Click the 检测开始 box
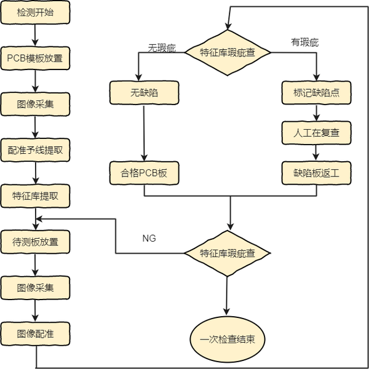pyautogui.click(x=35, y=14)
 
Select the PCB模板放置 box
pyautogui.click(x=35, y=59)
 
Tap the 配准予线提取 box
pyautogui.click(x=35, y=150)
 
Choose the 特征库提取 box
pyautogui.click(x=35, y=196)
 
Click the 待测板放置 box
pyautogui.click(x=35, y=242)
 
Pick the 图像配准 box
pyautogui.click(x=35, y=334)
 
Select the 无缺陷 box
pyautogui.click(x=145, y=93)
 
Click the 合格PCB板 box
pyautogui.click(x=145, y=173)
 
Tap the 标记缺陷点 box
pyautogui.click(x=317, y=93)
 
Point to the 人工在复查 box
pyautogui.click(x=317, y=132)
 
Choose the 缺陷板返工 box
pyautogui.click(x=317, y=173)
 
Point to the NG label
pyautogui.click(x=149, y=237)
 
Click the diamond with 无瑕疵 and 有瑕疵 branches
pyautogui.click(x=228, y=52)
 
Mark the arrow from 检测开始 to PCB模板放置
pyautogui.click(x=35, y=36)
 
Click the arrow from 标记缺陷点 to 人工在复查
pyautogui.click(x=317, y=113)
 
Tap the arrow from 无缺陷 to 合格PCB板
pyautogui.click(x=145, y=133)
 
